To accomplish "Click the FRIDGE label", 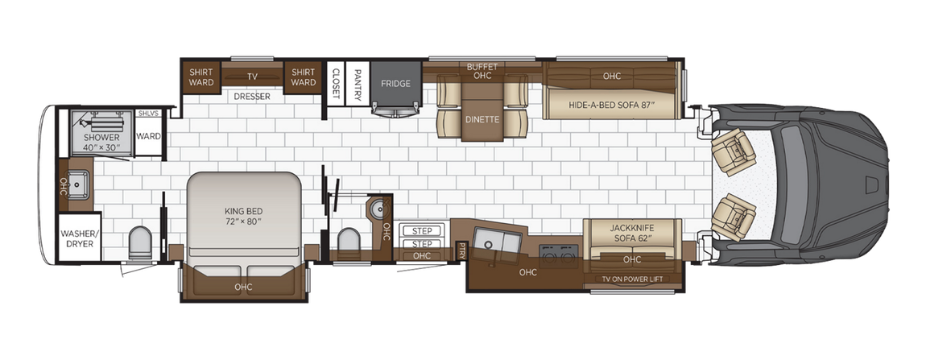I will coord(395,84).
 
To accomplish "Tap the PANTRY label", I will coord(358,81).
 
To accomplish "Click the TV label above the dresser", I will coord(252,77).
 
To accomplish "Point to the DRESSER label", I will coord(252,97).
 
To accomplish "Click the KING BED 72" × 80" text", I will coord(245,215).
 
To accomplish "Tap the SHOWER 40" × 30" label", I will coord(101,143).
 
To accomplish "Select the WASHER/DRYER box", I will coord(80,238).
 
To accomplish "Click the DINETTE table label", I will coord(482,119).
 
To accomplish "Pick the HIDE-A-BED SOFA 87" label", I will coord(612,106).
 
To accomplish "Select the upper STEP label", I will coord(422,231).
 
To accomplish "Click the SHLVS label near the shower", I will coord(147,114).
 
